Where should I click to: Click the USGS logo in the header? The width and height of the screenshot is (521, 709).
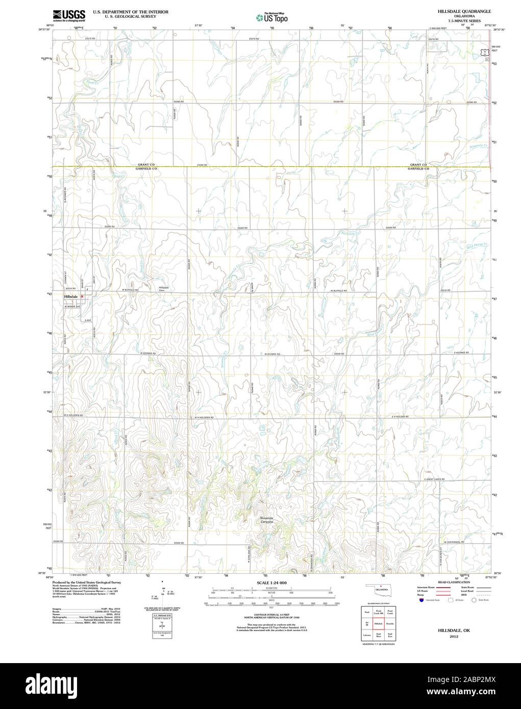coord(68,15)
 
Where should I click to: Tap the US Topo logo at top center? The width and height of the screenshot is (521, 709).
coord(271,17)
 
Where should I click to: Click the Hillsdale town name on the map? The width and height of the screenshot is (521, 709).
coord(70,296)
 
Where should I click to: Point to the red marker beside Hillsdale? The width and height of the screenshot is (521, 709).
coord(82,296)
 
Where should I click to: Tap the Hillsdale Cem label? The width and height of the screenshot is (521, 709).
coord(164,289)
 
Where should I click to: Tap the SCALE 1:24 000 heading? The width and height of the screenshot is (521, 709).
coord(271,583)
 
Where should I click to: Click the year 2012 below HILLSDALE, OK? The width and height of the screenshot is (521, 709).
coord(454,637)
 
